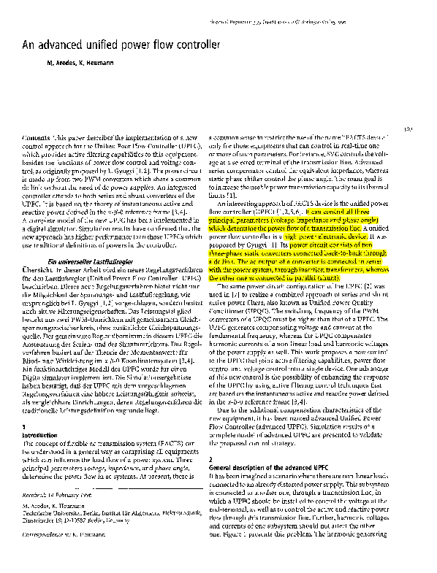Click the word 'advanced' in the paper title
58,45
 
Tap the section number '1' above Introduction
25,426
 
